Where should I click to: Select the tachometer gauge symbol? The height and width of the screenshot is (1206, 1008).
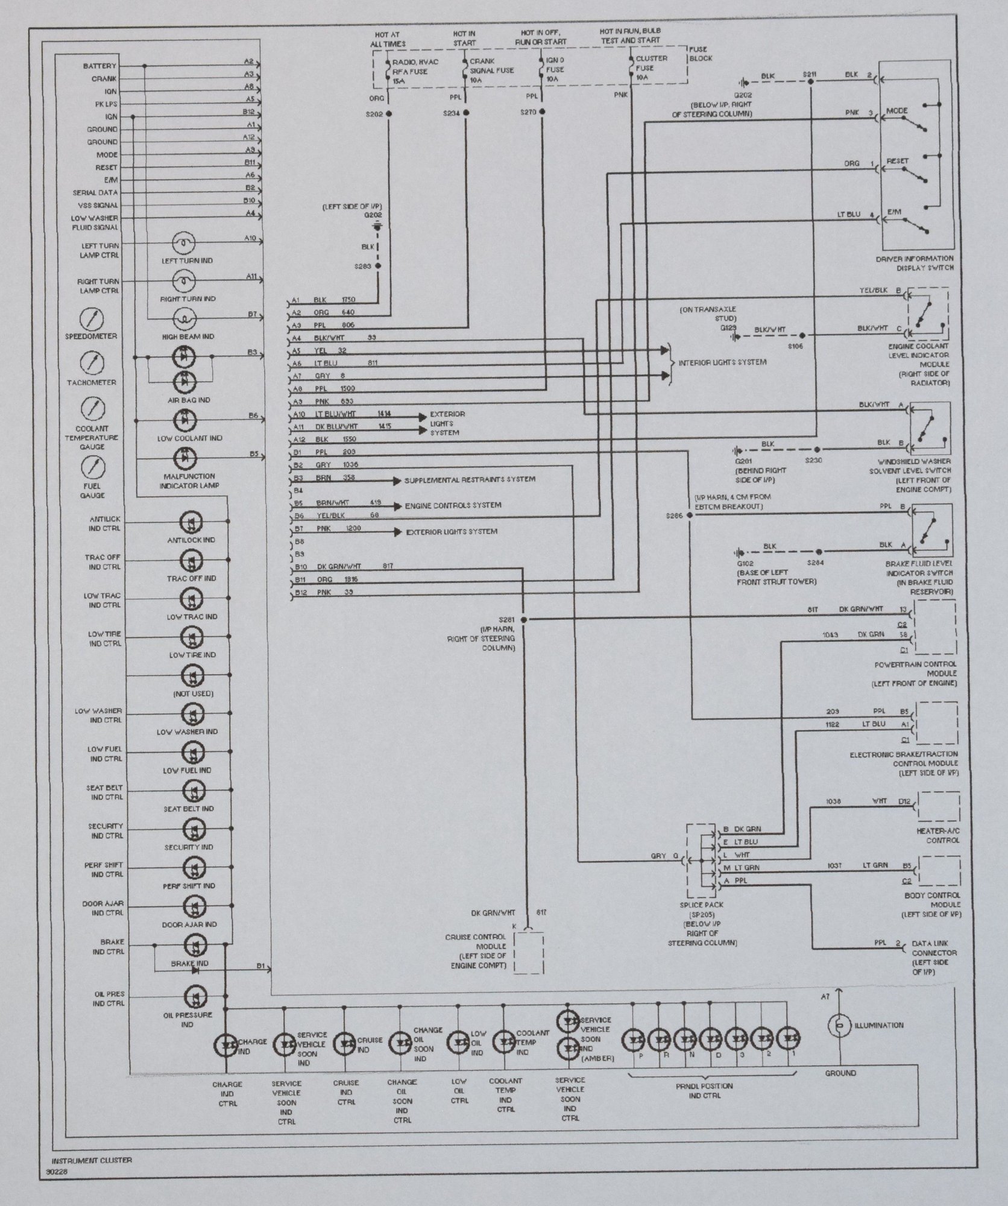pos(92,363)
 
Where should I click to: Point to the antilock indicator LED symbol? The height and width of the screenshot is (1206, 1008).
pos(192,522)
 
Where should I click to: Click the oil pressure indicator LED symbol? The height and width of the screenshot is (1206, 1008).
pos(192,997)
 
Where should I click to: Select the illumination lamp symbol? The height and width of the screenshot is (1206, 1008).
pos(839,1025)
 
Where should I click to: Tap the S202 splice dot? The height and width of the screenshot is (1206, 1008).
pos(389,113)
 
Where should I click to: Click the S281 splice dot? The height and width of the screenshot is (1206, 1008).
pos(523,620)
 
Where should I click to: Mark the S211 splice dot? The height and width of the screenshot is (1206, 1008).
pos(810,81)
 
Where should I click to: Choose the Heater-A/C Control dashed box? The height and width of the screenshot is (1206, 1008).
pos(938,807)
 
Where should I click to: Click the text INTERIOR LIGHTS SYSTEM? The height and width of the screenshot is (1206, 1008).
pos(722,363)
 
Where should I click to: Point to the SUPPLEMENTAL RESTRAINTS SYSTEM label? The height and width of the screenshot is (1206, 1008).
pos(470,479)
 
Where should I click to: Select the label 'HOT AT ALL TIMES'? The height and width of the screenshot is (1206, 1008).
pos(388,40)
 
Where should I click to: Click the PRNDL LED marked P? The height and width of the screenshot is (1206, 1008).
pos(637,1039)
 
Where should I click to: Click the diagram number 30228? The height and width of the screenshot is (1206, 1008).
pos(58,1173)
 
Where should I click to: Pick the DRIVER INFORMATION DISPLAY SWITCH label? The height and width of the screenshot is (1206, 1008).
pos(915,264)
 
